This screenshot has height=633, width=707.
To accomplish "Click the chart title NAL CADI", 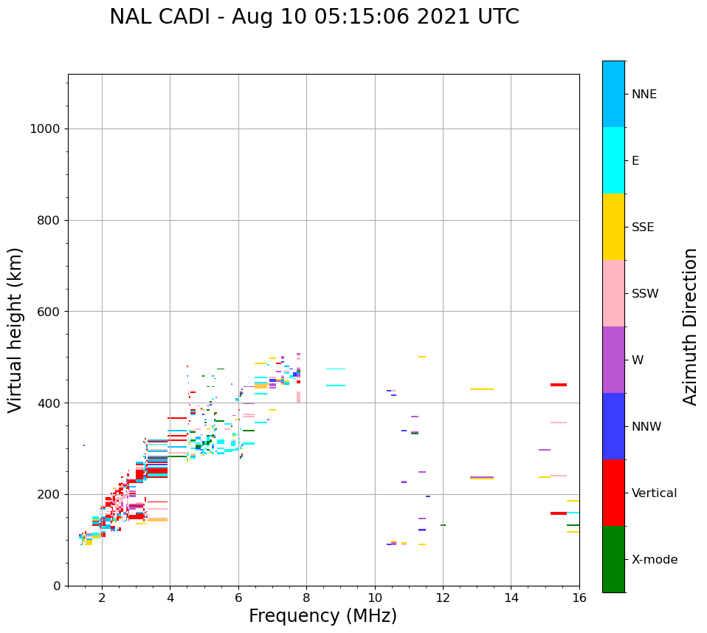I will tap(314, 17).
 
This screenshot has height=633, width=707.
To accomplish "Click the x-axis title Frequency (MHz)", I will tap(323, 616).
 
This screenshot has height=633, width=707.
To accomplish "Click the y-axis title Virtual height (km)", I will tap(15, 329).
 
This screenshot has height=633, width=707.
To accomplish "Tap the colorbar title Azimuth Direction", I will tap(690, 326).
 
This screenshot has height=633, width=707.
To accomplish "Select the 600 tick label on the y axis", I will tap(48, 312).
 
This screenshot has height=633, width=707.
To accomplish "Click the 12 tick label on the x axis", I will tap(443, 597).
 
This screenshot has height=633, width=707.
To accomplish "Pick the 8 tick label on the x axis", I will tap(306, 597).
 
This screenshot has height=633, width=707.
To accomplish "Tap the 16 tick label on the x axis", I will tap(579, 597).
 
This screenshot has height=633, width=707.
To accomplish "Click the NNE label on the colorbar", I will tap(644, 95).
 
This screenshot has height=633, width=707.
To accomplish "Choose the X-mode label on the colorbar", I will tap(654, 560).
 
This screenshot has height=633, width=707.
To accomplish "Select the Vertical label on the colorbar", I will tap(654, 493).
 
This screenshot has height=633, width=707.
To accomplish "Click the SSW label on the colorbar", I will tap(644, 294).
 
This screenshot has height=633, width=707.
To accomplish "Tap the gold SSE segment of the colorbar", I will tap(613, 227).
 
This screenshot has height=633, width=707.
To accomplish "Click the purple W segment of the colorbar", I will tap(613, 360).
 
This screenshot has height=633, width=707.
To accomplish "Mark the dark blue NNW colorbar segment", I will tap(613, 426).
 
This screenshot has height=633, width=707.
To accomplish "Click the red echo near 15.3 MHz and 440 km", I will tap(559, 385).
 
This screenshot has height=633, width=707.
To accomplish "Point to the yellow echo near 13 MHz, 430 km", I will tap(481, 389).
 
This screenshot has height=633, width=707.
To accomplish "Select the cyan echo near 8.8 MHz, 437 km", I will tap(336, 386).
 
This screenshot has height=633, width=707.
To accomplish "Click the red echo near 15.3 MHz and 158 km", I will tap(559, 513).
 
